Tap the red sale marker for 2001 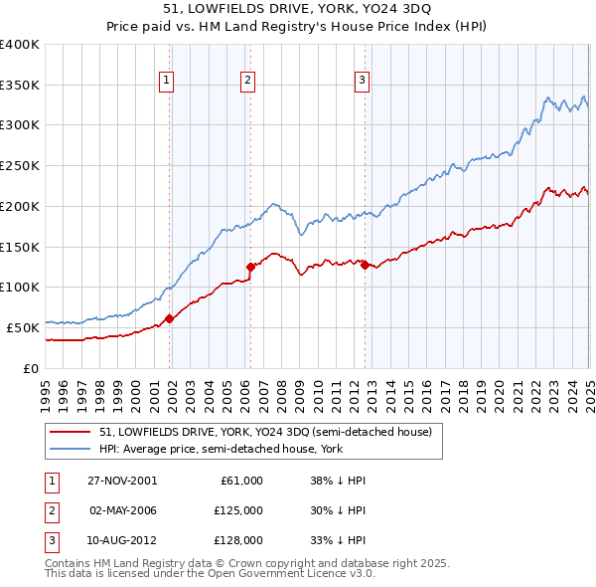(170, 318)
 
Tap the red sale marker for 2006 (250, 266)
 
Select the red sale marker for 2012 (365, 264)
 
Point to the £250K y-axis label (20, 165)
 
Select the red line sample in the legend (72, 433)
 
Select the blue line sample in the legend (72, 449)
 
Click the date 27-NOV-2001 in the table (121, 481)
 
